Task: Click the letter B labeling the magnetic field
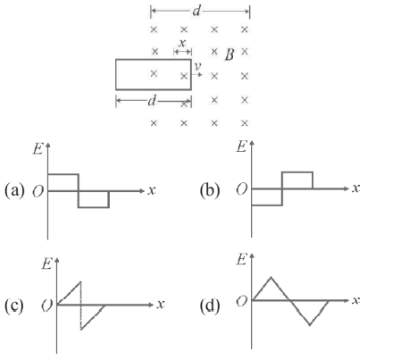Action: coord(230,54)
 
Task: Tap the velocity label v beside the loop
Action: coord(197,66)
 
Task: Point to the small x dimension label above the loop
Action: coord(182,43)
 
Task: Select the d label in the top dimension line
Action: coord(196,11)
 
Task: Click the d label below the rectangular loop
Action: coord(152,100)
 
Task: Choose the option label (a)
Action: coord(14,190)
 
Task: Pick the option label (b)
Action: coord(210,190)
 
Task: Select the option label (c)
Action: coord(14,306)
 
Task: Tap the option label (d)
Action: coord(210,306)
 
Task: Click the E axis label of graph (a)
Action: coord(38,148)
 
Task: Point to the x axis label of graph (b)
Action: coord(356,188)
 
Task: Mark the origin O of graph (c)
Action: coord(46,306)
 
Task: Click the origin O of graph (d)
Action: coord(242,301)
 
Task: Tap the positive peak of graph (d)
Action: coord(271,277)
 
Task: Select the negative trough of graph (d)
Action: coord(310,324)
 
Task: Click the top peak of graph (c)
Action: coord(80,281)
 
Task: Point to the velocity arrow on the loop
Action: coord(196,74)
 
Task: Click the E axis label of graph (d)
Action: coord(242,260)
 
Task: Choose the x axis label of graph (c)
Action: coord(161,304)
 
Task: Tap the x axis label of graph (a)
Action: coord(152,190)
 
